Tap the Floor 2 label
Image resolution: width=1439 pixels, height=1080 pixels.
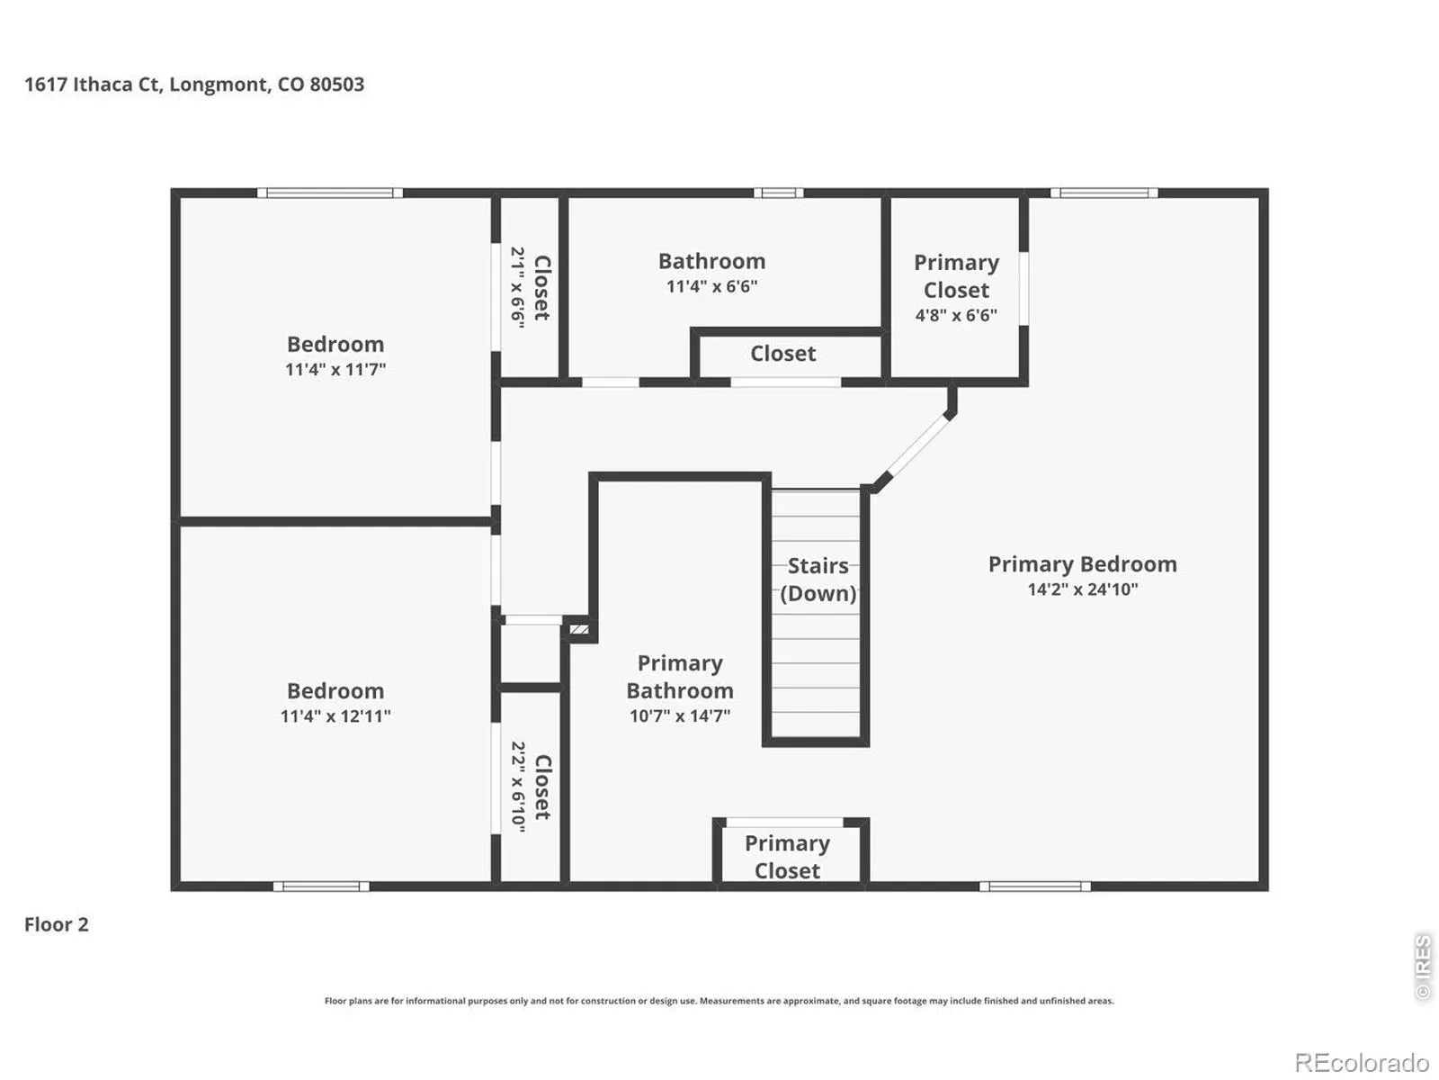pyautogui.click(x=57, y=924)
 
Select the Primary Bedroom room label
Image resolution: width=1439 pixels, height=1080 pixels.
pyautogui.click(x=1082, y=564)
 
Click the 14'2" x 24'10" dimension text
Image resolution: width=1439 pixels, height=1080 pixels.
pyautogui.click(x=1082, y=589)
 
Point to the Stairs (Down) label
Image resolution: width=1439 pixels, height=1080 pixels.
pyautogui.click(x=818, y=580)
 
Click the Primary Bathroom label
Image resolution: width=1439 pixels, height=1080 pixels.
pyautogui.click(x=680, y=677)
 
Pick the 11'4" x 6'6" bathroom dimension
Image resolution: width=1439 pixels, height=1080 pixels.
pyautogui.click(x=712, y=286)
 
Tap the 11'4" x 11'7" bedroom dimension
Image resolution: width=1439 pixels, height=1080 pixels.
pyautogui.click(x=335, y=370)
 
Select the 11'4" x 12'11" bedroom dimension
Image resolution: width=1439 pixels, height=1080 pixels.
pyautogui.click(x=335, y=716)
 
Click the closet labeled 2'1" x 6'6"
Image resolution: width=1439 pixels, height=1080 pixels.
pyautogui.click(x=530, y=287)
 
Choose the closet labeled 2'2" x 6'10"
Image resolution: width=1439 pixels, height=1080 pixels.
pyautogui.click(x=530, y=787)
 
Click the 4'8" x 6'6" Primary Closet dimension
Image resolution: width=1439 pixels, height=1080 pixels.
pyautogui.click(x=957, y=315)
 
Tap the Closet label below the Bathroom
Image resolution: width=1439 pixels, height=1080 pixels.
pyautogui.click(x=783, y=354)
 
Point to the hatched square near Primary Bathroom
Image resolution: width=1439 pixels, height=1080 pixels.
pyautogui.click(x=579, y=629)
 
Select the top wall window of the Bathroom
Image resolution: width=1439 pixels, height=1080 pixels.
pyautogui.click(x=778, y=193)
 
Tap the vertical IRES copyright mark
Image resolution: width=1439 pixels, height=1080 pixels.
pyautogui.click(x=1423, y=967)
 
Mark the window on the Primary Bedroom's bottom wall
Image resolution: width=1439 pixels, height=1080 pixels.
pyautogui.click(x=1035, y=886)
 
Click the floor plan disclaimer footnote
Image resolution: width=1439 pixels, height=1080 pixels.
pyautogui.click(x=719, y=1001)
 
